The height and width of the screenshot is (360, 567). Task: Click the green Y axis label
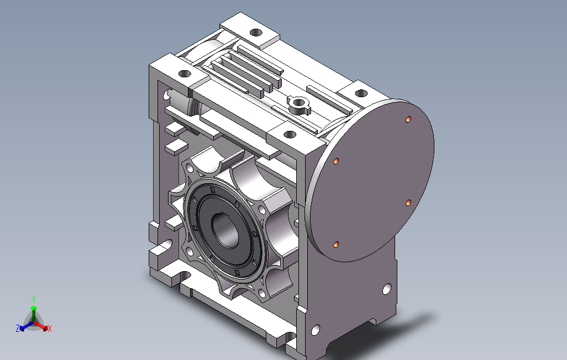34,300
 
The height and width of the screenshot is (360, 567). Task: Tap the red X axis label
50,329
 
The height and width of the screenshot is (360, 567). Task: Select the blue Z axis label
18,328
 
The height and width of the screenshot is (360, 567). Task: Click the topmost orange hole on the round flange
408,119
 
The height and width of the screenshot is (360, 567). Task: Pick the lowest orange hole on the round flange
336,245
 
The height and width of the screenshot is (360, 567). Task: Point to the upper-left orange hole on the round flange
337,161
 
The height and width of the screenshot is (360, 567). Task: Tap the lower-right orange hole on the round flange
408,203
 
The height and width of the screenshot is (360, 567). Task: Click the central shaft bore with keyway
225,231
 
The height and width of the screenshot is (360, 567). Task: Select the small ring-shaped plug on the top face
298,103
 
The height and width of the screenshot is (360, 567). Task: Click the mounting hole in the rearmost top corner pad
256,33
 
